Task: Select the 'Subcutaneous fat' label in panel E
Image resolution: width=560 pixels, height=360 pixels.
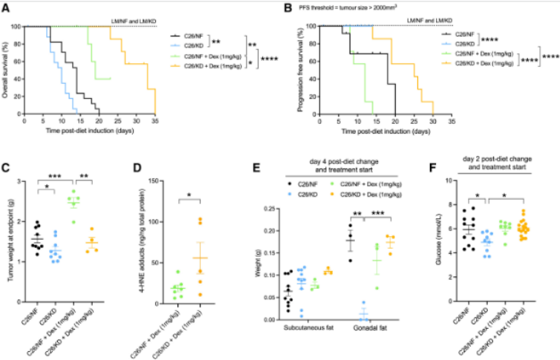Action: click(x=296, y=327)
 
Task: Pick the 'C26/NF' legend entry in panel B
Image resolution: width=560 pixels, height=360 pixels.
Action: click(x=463, y=34)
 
